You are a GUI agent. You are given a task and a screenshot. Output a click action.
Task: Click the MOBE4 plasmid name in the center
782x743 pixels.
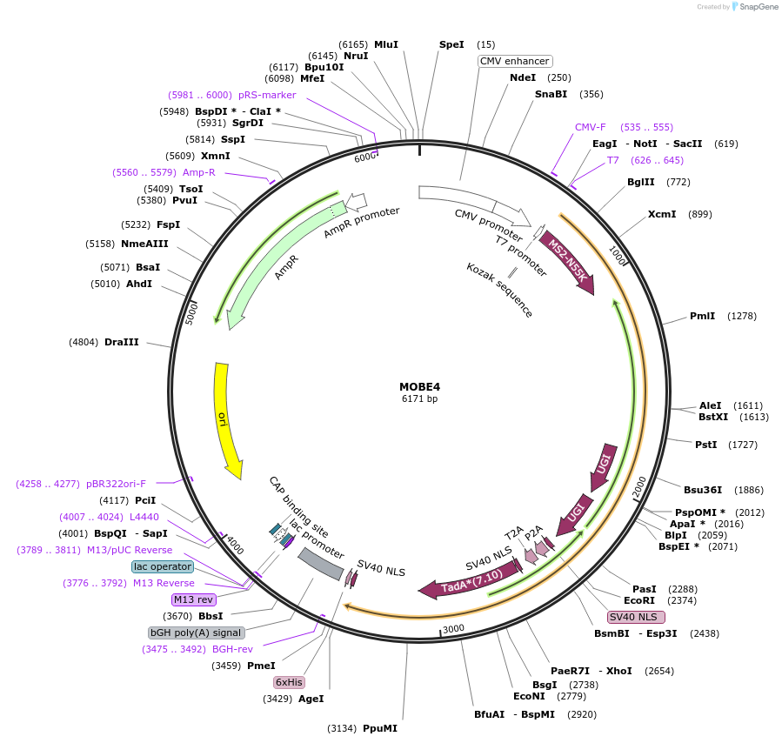click(x=419, y=386)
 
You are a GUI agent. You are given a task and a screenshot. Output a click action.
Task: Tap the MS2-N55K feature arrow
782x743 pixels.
click(x=567, y=261)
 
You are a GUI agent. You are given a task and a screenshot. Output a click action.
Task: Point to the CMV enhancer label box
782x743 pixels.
click(x=515, y=61)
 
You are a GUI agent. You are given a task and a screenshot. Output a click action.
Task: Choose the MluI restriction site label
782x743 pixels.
click(x=385, y=44)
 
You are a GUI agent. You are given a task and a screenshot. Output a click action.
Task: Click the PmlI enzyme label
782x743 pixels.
click(x=702, y=316)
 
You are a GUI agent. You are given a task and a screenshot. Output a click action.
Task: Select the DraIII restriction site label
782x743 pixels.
click(x=122, y=343)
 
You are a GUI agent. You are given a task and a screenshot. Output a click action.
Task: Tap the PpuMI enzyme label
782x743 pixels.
click(x=379, y=728)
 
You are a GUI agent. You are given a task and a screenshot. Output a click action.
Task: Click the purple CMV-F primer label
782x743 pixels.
click(x=590, y=127)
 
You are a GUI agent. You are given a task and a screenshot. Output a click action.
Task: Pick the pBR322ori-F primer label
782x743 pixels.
click(x=117, y=484)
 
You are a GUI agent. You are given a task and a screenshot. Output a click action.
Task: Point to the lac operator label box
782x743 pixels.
click(x=163, y=566)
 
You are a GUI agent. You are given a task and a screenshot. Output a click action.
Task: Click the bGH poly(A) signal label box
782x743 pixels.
click(x=196, y=633)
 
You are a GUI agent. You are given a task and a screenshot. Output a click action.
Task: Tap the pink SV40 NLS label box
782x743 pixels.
click(x=636, y=617)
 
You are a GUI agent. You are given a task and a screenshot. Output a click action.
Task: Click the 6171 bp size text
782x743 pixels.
click(x=419, y=399)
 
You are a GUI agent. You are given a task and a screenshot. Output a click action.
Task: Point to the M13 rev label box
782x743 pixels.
click(x=193, y=599)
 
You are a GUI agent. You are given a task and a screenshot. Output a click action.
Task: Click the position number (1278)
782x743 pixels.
click(x=744, y=316)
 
